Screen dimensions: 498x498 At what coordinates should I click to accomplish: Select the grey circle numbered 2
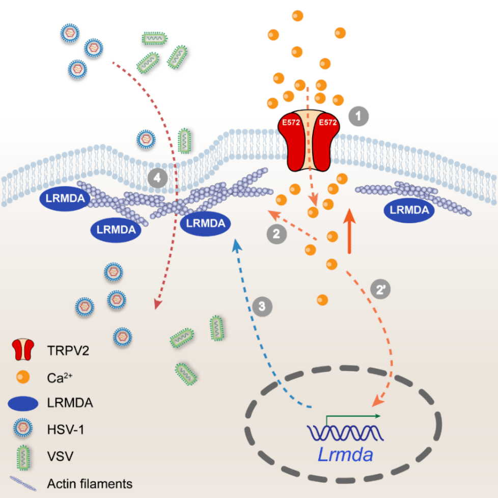tap(276, 234)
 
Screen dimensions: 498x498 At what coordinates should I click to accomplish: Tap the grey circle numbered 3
tap(262, 306)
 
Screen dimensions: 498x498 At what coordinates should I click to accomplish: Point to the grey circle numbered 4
tap(158, 178)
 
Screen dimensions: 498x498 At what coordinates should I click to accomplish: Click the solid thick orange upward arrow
tap(349, 229)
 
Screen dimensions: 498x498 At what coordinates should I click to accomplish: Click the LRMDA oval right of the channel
tap(409, 210)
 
